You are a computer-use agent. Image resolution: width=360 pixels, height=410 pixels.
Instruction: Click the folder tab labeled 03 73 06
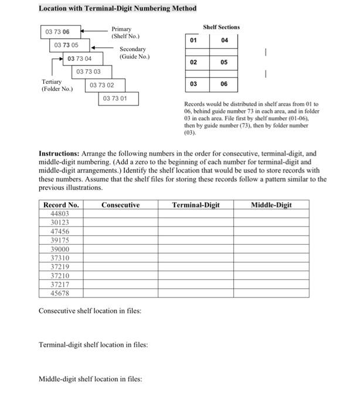click(57, 32)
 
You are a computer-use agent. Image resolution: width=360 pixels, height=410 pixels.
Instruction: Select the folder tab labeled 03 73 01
click(119, 98)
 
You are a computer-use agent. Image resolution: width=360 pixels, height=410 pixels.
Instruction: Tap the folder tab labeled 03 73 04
click(80, 58)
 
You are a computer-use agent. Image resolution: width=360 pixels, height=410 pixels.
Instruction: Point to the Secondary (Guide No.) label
click(134, 53)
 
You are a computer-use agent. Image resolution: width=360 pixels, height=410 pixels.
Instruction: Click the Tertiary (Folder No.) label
click(57, 86)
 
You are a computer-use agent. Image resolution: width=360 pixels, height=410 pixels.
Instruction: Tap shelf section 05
click(225, 62)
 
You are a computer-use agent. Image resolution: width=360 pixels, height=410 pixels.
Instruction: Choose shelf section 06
click(225, 84)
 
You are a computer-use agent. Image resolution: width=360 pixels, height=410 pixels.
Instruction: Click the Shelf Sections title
click(221, 27)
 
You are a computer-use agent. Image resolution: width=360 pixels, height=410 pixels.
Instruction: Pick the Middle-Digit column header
click(271, 205)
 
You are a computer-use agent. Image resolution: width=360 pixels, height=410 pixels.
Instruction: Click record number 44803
click(60, 214)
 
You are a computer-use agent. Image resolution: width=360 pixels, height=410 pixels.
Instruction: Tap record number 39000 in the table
click(60, 249)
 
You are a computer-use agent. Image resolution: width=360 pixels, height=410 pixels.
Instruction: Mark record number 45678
click(60, 293)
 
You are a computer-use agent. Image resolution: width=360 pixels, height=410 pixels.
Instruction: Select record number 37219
click(60, 266)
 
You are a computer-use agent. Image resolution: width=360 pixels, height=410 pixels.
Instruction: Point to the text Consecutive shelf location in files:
click(90, 311)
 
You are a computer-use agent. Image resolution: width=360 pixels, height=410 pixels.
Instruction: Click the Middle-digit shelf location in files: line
click(90, 379)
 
